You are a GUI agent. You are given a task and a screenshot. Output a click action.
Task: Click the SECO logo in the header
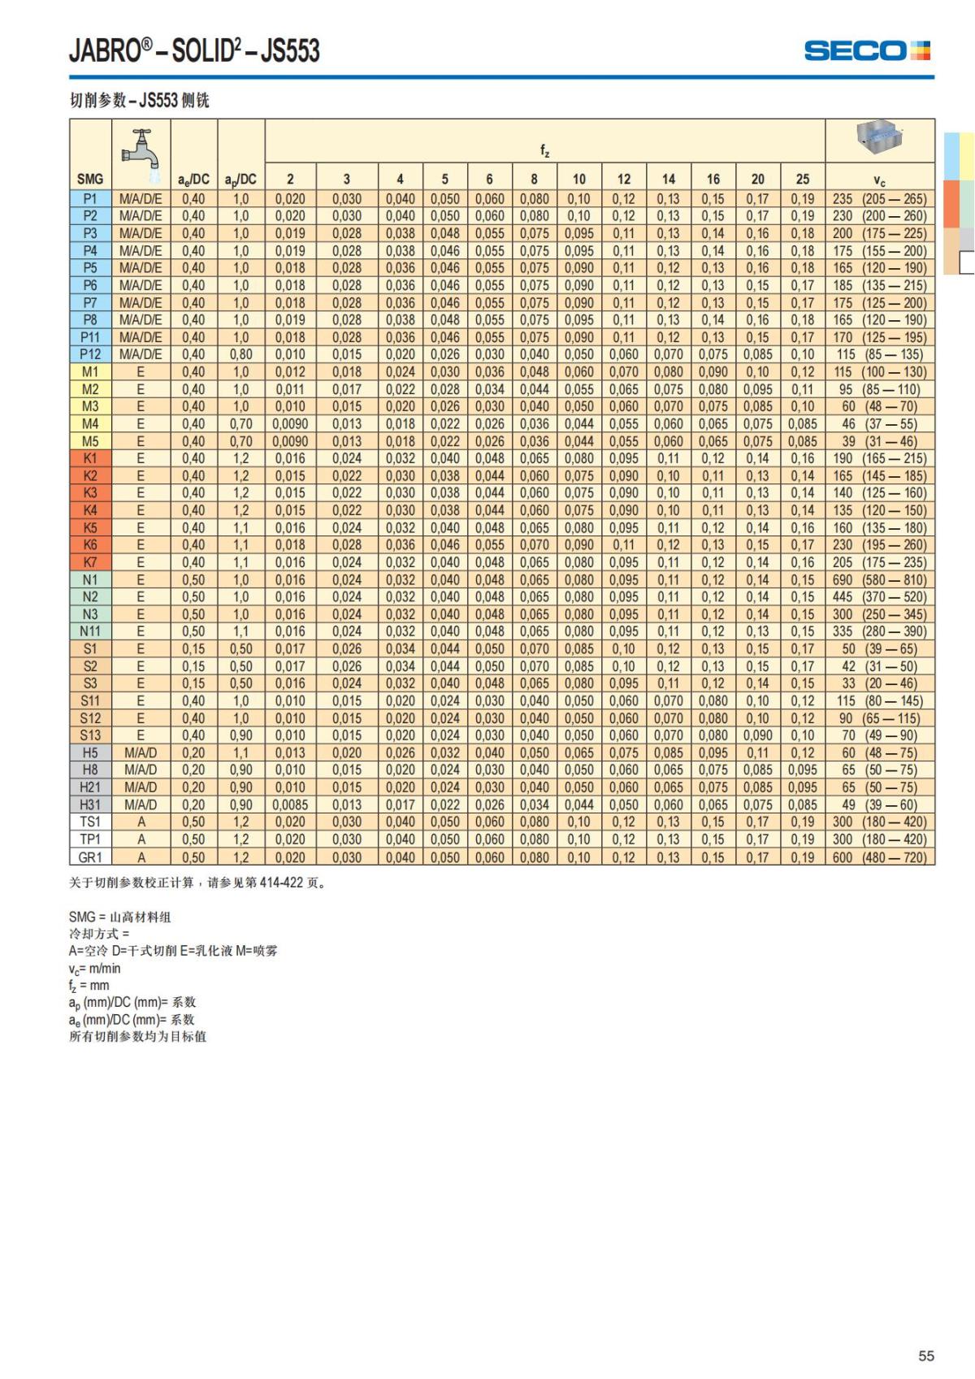(867, 51)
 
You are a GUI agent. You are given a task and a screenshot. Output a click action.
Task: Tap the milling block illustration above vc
(879, 138)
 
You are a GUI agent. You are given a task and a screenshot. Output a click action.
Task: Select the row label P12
(90, 354)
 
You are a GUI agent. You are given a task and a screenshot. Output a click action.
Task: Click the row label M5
(90, 441)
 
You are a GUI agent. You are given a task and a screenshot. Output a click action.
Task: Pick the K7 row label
(90, 562)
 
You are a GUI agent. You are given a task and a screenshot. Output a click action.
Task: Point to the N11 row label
(90, 631)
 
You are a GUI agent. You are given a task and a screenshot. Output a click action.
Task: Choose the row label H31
(90, 804)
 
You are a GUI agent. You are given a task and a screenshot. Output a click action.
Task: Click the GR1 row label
(90, 857)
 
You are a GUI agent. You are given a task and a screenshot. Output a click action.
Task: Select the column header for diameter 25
(802, 179)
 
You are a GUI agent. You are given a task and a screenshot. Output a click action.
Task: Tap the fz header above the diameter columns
(544, 150)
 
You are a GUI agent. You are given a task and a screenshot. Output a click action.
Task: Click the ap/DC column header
(240, 180)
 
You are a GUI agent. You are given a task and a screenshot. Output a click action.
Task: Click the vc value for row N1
(879, 580)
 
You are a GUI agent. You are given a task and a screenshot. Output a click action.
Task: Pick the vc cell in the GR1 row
(879, 857)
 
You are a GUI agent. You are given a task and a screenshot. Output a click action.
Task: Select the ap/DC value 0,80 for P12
(240, 354)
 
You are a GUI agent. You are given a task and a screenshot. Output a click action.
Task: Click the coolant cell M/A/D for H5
(141, 752)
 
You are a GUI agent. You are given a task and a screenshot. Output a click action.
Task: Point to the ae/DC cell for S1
(193, 649)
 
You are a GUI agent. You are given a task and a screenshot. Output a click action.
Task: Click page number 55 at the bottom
(926, 1355)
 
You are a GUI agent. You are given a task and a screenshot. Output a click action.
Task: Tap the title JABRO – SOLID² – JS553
(194, 51)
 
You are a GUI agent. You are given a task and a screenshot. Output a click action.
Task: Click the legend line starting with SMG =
(120, 917)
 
